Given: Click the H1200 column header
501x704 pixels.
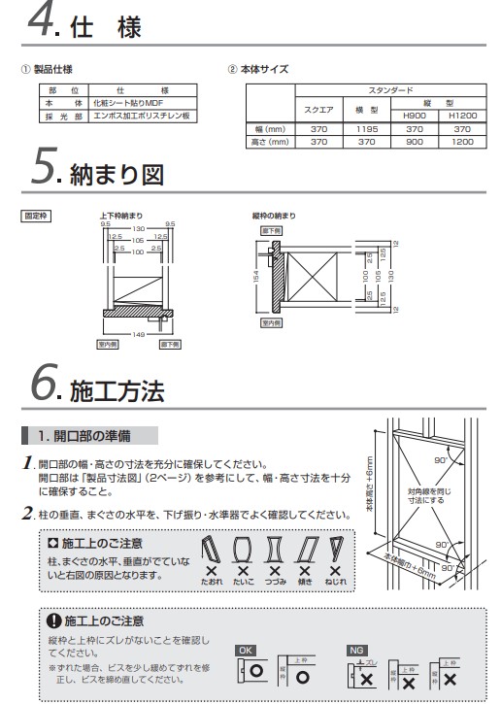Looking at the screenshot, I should click(x=462, y=116).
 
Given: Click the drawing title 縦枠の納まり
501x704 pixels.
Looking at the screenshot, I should click(x=274, y=216).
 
